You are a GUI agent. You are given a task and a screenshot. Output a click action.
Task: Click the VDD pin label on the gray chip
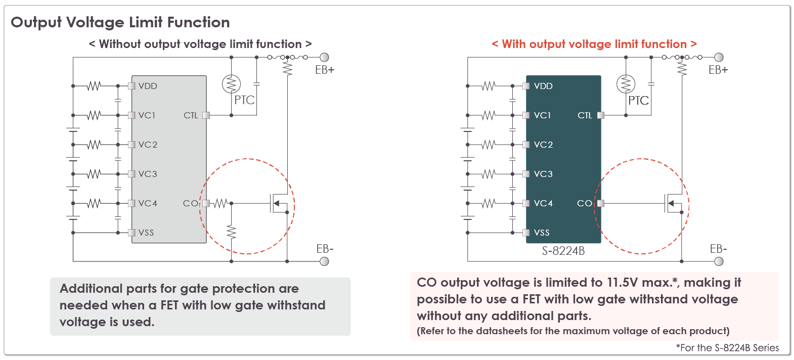click(x=148, y=86)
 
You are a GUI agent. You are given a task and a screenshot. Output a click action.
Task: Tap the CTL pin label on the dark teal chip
click(x=585, y=115)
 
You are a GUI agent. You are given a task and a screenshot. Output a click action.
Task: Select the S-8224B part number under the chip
click(x=563, y=251)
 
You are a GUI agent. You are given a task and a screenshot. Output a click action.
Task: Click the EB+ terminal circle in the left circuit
click(x=324, y=57)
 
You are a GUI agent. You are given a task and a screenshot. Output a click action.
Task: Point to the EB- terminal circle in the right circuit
click(x=718, y=261)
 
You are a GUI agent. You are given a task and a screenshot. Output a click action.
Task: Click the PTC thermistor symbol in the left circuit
click(x=231, y=84)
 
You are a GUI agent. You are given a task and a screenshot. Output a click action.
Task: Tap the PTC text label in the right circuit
click(x=638, y=101)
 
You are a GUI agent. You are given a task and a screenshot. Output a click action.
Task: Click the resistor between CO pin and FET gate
click(x=220, y=203)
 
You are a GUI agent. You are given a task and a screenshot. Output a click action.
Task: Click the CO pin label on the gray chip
click(x=190, y=203)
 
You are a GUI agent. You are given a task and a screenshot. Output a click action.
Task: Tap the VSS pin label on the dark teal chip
click(x=542, y=233)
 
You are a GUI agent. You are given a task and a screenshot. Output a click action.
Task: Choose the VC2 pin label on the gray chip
click(x=148, y=145)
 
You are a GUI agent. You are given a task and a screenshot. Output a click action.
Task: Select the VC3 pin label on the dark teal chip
click(x=543, y=174)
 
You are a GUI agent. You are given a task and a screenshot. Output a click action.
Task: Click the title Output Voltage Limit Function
click(x=120, y=22)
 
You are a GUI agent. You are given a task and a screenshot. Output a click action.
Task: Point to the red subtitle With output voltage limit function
click(x=594, y=44)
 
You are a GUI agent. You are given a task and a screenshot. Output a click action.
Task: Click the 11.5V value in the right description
click(x=624, y=282)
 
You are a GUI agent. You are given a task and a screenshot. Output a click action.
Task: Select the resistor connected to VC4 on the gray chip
click(x=94, y=203)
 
